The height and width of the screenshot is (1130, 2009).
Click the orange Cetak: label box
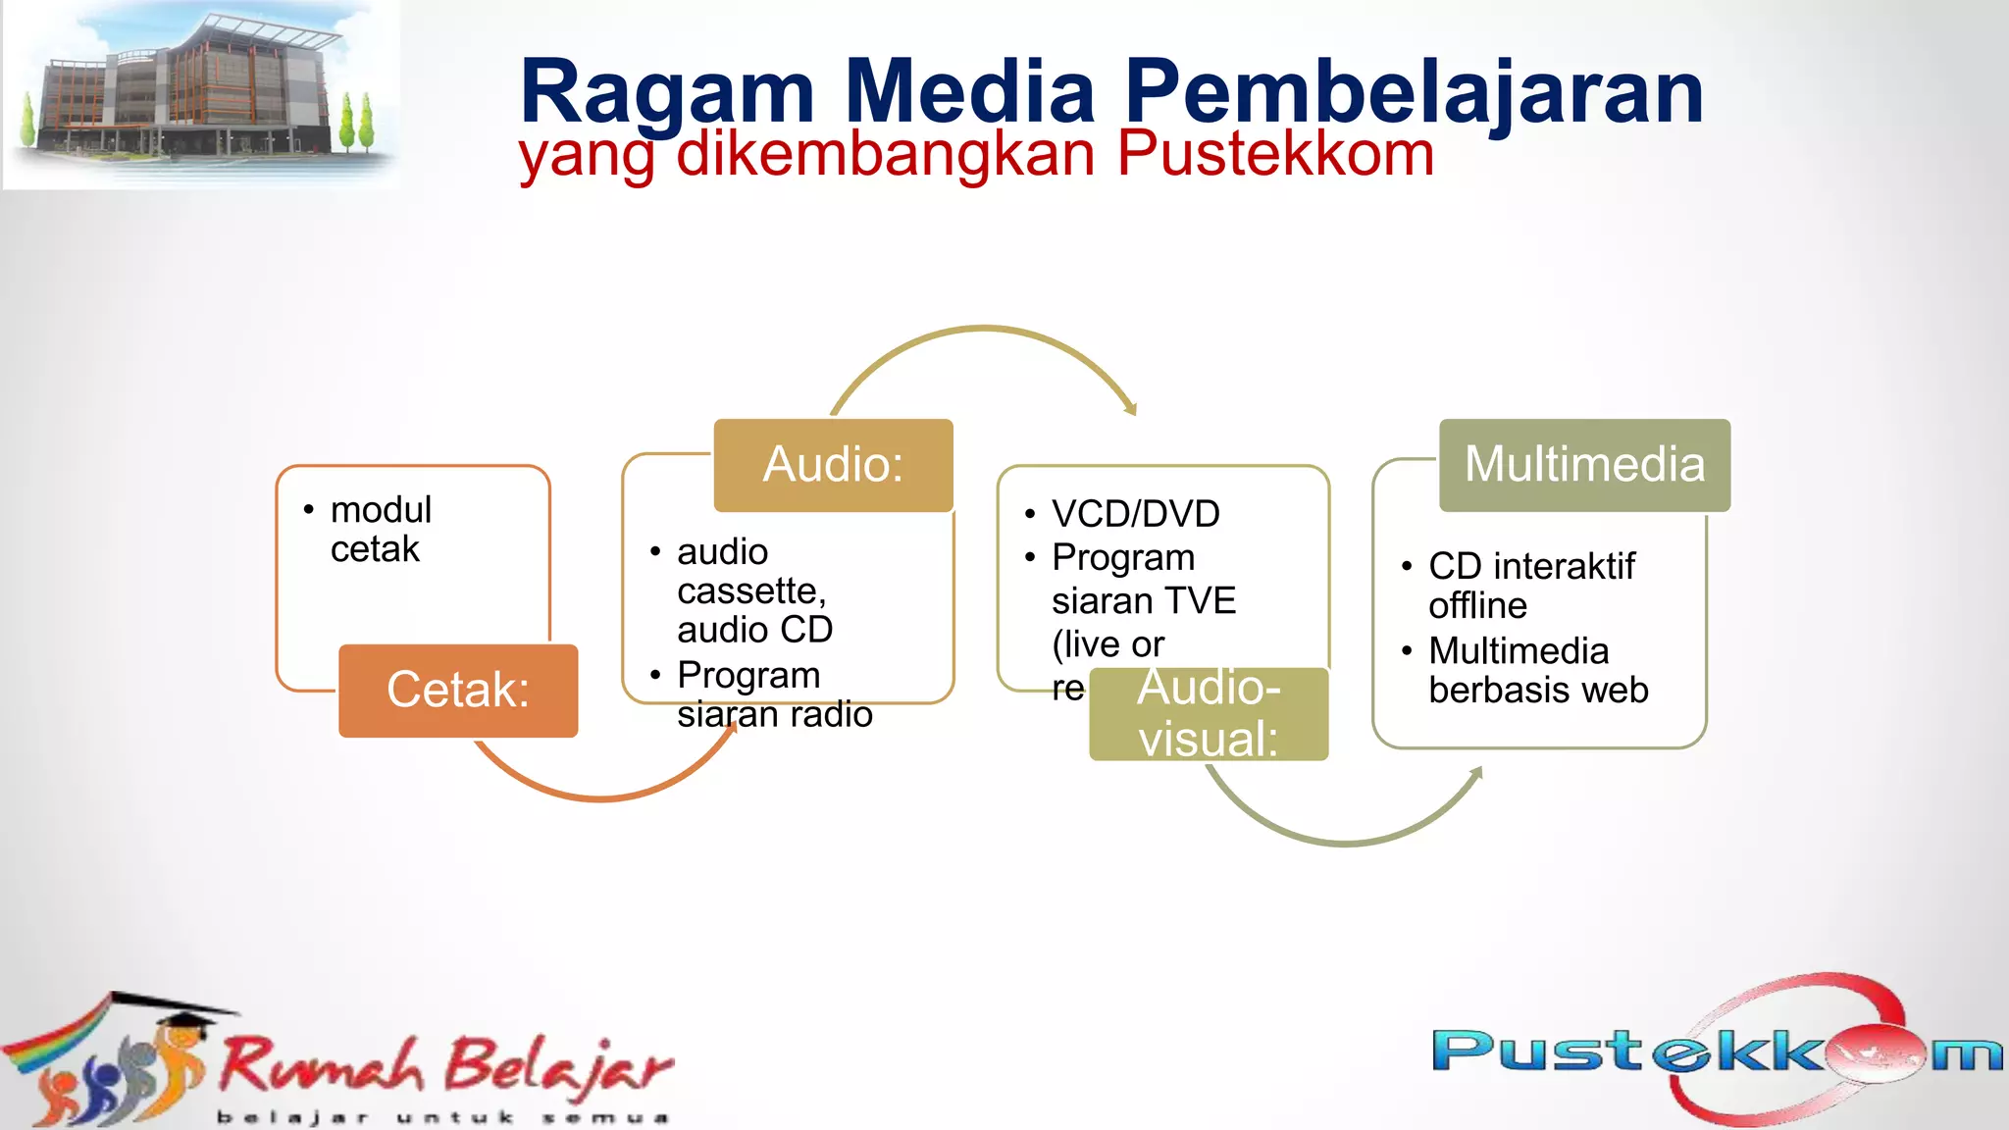(458, 690)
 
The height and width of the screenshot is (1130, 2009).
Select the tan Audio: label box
(833, 465)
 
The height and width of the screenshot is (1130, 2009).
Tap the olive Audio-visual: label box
(1209, 713)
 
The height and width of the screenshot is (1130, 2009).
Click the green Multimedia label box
(1584, 465)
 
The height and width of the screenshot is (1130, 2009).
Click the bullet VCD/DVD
(1135, 514)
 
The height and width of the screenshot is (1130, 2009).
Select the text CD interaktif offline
(1530, 586)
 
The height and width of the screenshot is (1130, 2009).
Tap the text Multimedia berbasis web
(1537, 670)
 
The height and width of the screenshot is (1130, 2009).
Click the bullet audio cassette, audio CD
(753, 591)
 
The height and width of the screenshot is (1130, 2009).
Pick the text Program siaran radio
(773, 694)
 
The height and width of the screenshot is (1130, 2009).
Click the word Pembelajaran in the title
(1413, 92)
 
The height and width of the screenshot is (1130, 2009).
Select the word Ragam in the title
(667, 92)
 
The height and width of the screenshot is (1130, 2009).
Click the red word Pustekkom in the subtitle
(1275, 154)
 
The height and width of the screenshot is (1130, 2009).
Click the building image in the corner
(201, 93)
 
